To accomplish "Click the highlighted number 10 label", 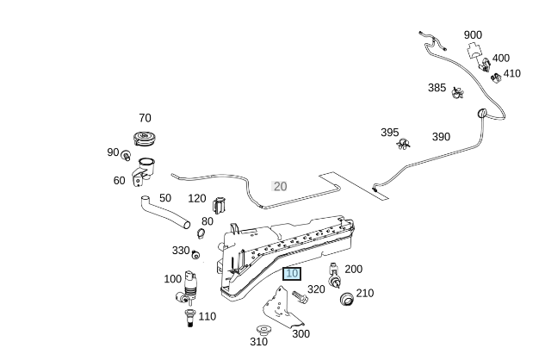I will pyautogui.click(x=292, y=273).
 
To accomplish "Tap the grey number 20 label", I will pyautogui.click(x=280, y=186).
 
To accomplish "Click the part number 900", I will pyautogui.click(x=473, y=35).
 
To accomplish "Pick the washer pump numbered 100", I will pyautogui.click(x=189, y=284).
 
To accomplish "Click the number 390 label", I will pyautogui.click(x=441, y=137).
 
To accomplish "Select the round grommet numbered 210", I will pyautogui.click(x=348, y=299).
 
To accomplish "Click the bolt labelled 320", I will pyautogui.click(x=299, y=295).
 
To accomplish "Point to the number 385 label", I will pyautogui.click(x=437, y=88).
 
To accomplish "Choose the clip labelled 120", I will pyautogui.click(x=219, y=206).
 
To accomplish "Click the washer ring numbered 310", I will pyautogui.click(x=264, y=330).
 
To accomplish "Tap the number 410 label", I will pyautogui.click(x=512, y=74).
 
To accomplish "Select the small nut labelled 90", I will pyautogui.click(x=127, y=156).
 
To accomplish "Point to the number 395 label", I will pyautogui.click(x=390, y=133).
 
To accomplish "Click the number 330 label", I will pyautogui.click(x=181, y=251).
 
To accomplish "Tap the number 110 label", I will pyautogui.click(x=208, y=316).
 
